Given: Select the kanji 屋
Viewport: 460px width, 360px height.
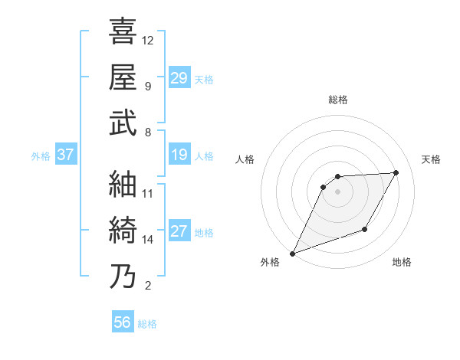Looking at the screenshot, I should (x=123, y=77).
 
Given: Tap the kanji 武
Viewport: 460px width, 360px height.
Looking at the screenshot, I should (x=123, y=123).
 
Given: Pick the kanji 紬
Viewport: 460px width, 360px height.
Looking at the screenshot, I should (x=123, y=184).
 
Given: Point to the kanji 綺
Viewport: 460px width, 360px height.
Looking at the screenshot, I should (x=123, y=231).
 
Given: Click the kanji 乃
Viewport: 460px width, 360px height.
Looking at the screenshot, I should (x=123, y=277).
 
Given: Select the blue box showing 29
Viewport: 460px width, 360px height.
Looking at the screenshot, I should (x=179, y=78).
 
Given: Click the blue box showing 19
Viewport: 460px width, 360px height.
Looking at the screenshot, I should (x=179, y=155).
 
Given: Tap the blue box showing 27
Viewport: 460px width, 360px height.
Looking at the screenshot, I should (x=179, y=232).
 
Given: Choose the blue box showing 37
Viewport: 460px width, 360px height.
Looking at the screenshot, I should (x=66, y=155).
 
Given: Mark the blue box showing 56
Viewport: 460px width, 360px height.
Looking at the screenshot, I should (x=122, y=322).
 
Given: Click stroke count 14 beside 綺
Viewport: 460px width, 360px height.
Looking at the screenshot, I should (x=147, y=240).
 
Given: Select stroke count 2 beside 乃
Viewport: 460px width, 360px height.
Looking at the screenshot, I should (x=147, y=286).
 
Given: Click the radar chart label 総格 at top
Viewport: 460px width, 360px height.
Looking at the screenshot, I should (x=337, y=100).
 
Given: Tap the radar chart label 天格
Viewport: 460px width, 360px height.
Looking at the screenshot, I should (x=432, y=159).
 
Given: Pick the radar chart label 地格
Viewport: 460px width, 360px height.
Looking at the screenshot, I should (x=402, y=263).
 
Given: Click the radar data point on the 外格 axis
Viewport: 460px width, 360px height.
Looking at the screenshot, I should (x=292, y=254).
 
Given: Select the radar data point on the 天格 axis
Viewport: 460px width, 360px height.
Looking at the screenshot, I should (x=396, y=172).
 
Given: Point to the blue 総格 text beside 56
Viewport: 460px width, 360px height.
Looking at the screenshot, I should (x=147, y=324).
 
